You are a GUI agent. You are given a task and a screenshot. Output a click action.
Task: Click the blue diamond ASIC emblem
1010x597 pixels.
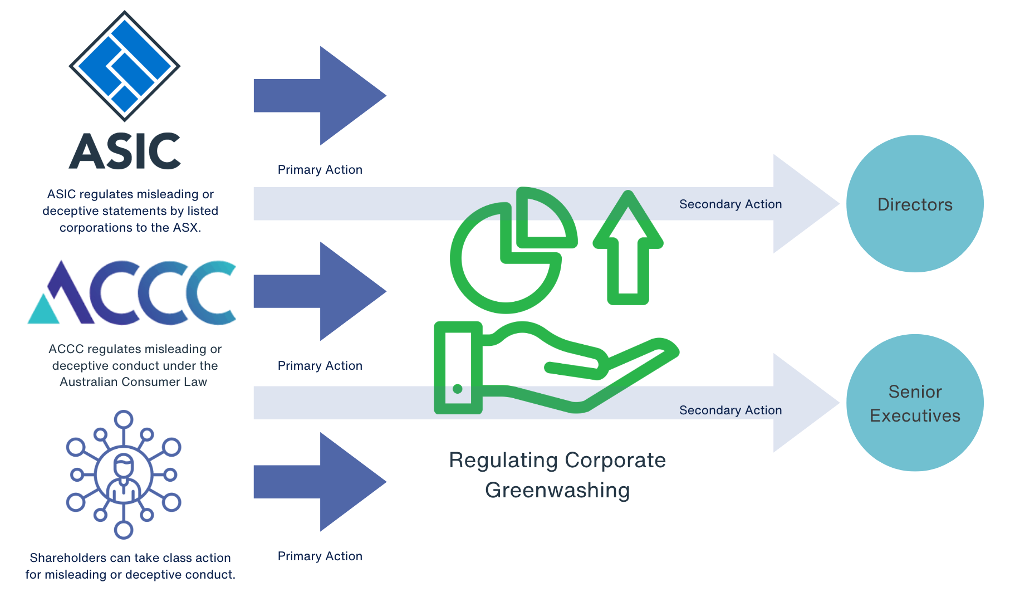point(125,66)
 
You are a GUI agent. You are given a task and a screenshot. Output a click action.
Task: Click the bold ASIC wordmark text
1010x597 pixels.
point(125,151)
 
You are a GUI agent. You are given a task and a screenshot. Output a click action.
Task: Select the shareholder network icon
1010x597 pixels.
point(124,475)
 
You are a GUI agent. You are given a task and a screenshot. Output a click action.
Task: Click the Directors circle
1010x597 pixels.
point(914,204)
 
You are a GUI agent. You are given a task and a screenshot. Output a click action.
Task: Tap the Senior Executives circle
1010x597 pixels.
point(914,403)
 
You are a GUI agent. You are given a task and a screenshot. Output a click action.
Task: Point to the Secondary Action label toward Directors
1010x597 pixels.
point(730,204)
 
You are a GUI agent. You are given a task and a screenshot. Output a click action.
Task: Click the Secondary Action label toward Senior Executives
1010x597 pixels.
point(730,410)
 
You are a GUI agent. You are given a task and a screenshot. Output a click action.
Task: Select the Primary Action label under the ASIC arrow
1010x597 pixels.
point(320,170)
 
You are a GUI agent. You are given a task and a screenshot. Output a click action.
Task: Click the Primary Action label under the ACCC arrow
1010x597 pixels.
point(320,366)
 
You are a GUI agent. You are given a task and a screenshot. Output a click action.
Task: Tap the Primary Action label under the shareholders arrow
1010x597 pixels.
point(320,556)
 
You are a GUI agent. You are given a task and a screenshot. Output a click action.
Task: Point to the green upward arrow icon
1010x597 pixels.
point(628,248)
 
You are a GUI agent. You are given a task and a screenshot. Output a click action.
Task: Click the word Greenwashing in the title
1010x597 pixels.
point(557,491)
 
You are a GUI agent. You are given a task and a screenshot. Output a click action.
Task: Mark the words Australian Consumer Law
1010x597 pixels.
point(133,382)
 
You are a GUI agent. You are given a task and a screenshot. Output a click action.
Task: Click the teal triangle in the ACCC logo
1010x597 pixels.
point(43,310)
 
